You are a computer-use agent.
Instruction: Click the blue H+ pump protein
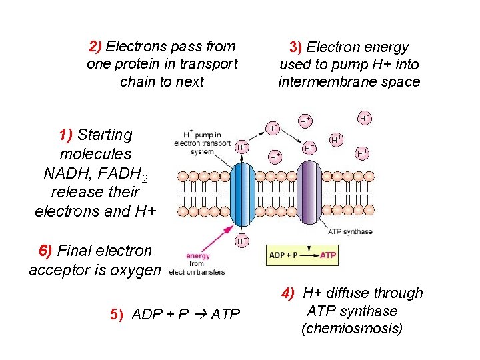point(241,193)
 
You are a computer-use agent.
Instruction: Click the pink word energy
point(198,256)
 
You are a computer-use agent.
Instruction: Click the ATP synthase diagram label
point(350,231)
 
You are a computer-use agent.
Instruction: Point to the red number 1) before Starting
point(65,135)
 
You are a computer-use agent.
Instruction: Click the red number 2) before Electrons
point(95,47)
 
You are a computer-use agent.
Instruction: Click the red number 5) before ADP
point(117,314)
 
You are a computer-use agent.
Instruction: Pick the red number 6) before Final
point(45,251)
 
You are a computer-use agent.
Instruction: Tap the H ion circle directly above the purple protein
point(309,147)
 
